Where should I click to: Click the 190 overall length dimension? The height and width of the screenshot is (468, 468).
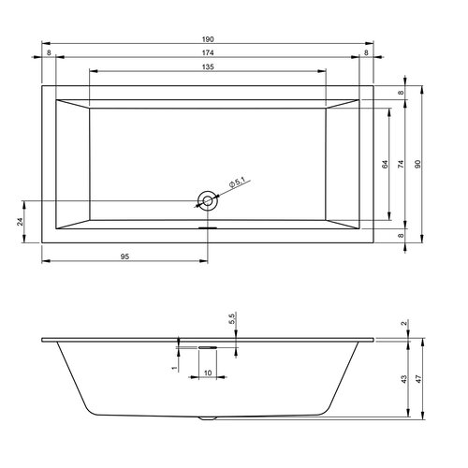point(208,38)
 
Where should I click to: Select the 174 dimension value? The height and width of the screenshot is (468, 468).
point(208,52)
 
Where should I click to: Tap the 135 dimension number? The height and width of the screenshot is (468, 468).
point(208,67)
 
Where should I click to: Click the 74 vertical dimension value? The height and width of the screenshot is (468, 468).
point(402,165)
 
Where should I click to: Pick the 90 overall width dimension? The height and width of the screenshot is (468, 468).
point(420,165)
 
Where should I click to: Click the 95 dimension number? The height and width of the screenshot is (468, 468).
point(124,256)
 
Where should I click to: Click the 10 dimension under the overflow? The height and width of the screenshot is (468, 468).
point(207,373)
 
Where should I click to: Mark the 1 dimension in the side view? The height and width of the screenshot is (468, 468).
point(175,369)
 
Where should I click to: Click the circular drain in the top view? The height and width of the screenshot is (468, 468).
point(207,198)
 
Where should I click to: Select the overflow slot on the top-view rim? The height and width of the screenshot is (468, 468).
point(207,226)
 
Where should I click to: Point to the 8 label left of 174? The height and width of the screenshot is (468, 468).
point(49,52)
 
